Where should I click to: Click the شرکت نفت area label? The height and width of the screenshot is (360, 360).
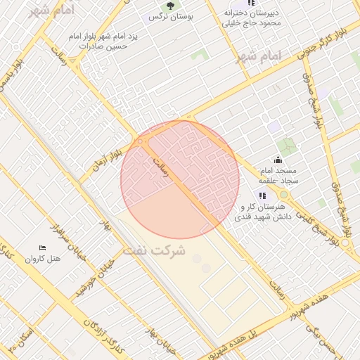154,250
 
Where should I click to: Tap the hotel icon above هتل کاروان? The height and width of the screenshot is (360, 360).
42,247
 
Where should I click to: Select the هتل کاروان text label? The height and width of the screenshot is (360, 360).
44,259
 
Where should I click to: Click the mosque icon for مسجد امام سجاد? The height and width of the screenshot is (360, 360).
278,160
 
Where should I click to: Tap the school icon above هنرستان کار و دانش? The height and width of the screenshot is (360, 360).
262,195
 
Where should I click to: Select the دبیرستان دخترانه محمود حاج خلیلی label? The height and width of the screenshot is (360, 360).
252,18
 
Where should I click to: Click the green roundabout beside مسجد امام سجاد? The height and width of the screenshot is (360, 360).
284,195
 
